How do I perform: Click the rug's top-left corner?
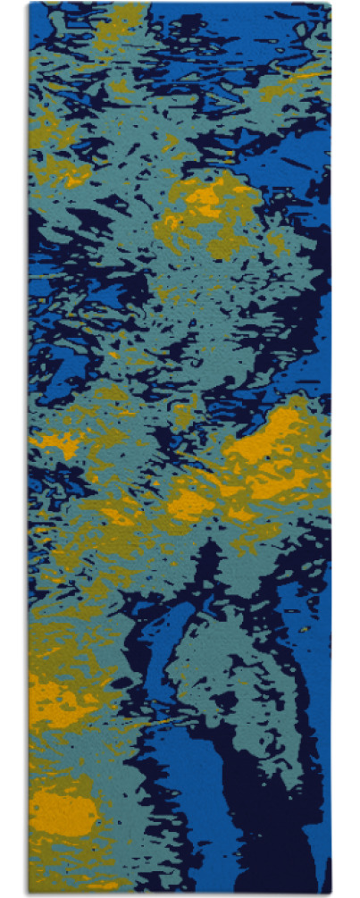(29, 4)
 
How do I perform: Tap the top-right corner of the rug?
(331, 4)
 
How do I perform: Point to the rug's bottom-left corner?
(29, 893)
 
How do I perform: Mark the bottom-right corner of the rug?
(331, 893)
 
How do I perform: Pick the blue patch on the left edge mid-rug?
(45, 357)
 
